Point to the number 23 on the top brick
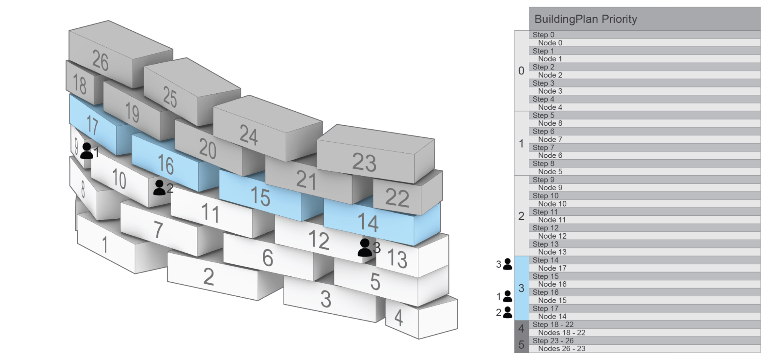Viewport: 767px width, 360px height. pos(364,162)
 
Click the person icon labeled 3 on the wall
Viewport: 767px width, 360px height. pos(365,248)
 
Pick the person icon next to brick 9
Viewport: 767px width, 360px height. pos(87,151)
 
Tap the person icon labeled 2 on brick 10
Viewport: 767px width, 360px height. pos(159,188)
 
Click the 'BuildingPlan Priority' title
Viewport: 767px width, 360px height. pos(586,19)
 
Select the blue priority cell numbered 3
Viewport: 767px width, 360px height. pos(521,288)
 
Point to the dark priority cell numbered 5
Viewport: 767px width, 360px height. pos(521,345)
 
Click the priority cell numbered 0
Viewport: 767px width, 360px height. pos(521,71)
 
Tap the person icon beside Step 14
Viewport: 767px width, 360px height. pos(507,264)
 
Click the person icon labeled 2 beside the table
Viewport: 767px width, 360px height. pos(507,312)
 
